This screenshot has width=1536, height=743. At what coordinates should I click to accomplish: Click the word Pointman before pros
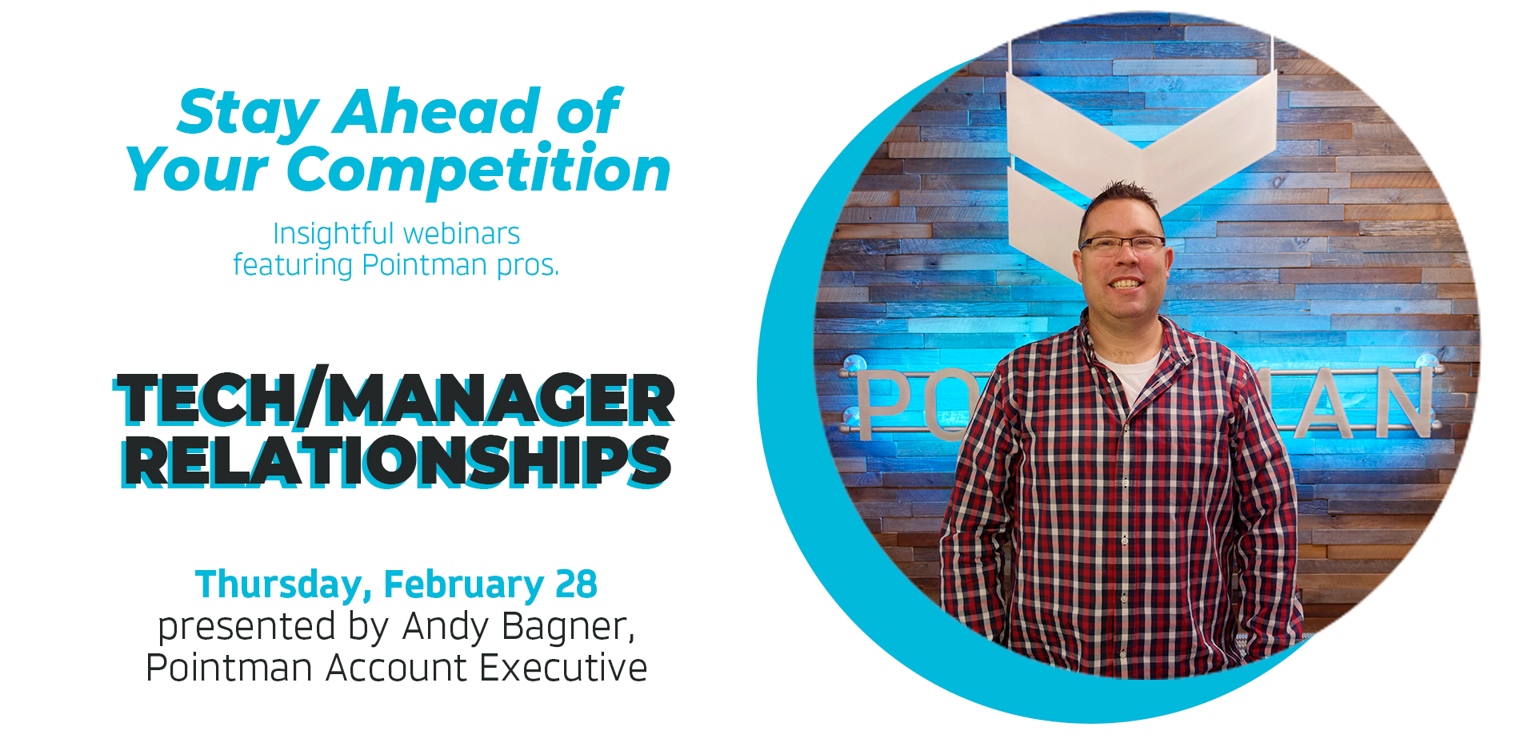[x=424, y=265]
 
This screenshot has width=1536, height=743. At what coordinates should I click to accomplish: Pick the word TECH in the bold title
[x=206, y=399]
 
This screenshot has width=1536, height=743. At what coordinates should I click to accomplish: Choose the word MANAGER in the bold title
[x=500, y=399]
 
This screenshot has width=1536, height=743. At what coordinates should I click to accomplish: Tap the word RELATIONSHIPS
[x=397, y=461]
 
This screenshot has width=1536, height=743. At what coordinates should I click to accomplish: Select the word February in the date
[x=464, y=585]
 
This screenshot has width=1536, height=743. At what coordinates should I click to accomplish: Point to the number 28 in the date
[x=576, y=584]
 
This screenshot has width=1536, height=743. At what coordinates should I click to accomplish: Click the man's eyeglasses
[x=1122, y=245]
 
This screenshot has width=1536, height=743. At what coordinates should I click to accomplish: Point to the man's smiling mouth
[x=1126, y=283]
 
